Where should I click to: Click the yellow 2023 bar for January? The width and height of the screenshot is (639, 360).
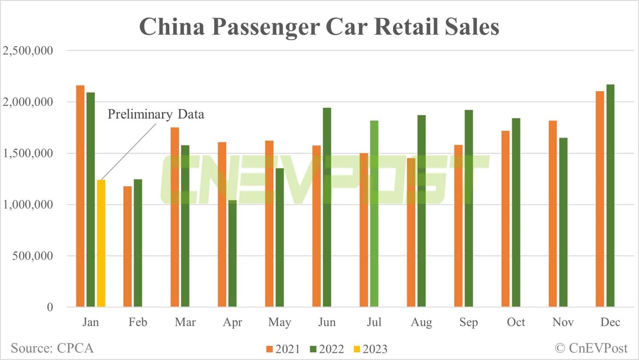point(101,243)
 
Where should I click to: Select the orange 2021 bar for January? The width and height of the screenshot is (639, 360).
point(80,196)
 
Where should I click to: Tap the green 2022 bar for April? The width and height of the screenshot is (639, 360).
point(232,253)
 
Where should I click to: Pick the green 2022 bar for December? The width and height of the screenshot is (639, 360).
point(610,196)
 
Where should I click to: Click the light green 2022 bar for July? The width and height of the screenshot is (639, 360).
point(374,213)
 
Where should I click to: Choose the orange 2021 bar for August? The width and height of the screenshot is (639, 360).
point(411,232)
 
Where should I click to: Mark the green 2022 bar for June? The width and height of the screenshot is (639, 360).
point(327,207)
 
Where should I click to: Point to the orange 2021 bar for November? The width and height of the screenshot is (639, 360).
point(553,213)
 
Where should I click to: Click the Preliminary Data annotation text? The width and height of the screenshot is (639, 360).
point(155,114)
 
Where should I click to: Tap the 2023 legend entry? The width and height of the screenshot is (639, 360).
point(370,349)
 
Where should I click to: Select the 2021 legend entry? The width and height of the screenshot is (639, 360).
point(283,349)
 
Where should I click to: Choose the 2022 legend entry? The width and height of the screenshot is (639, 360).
point(327,349)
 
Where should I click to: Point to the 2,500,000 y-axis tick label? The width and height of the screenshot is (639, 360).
point(28,51)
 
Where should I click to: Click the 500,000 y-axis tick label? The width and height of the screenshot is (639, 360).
point(33,256)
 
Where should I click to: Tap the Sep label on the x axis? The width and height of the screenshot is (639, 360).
point(468,322)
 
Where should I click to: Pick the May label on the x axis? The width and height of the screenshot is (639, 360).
point(279,322)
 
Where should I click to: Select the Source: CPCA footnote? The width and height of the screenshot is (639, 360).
point(52,348)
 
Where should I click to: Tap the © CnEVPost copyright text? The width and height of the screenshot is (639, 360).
point(591,348)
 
